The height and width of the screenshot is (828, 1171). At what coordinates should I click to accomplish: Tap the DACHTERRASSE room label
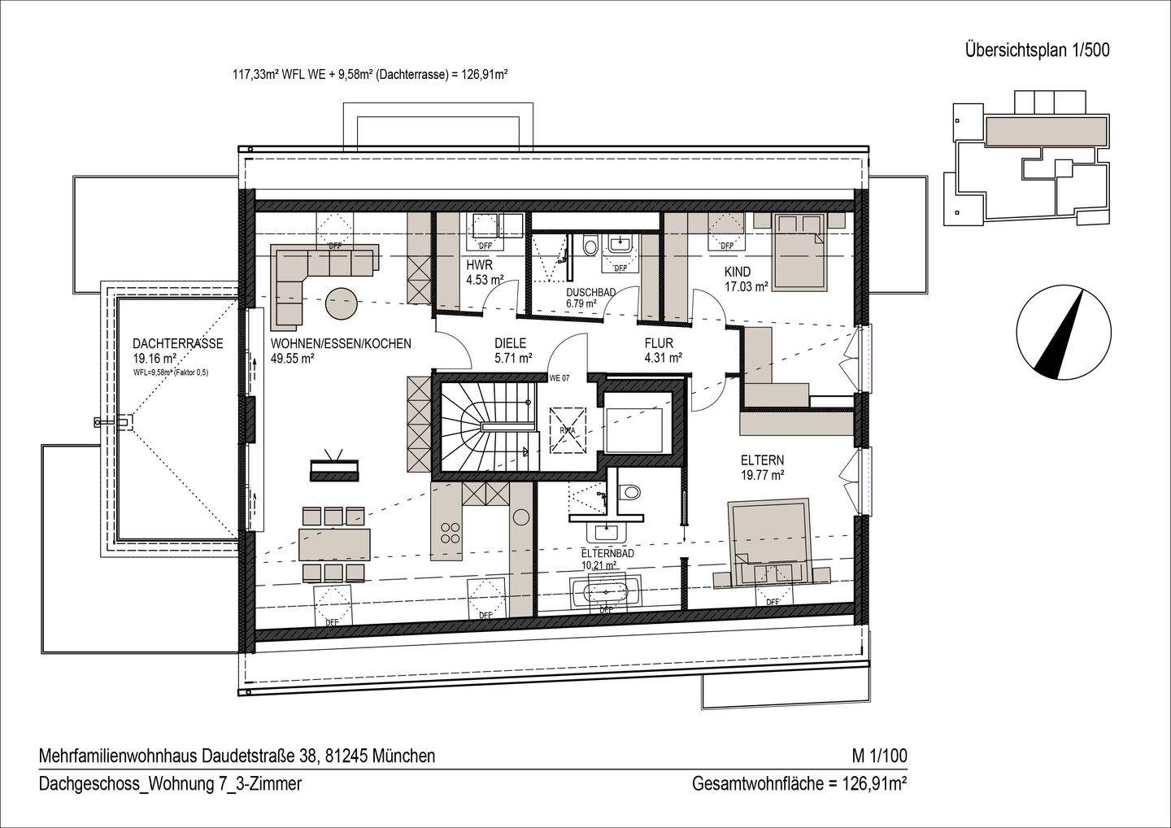coord(177,343)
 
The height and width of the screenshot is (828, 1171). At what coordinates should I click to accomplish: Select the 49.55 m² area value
coord(292,358)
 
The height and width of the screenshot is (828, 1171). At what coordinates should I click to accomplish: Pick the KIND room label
coord(738,272)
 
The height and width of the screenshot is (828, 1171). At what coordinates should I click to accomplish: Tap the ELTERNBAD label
coord(607,553)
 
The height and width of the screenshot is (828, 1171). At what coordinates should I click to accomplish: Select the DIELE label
coord(511,343)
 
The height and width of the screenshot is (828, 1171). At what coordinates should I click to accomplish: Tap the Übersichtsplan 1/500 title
coord(1037,50)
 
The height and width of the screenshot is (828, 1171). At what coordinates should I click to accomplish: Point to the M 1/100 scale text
coord(878,756)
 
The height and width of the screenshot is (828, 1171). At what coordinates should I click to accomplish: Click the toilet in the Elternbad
coord(629,491)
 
